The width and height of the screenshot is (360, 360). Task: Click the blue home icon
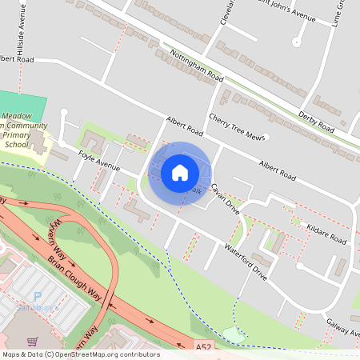coord(179,173)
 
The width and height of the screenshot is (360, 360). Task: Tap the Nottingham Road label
coord(197,65)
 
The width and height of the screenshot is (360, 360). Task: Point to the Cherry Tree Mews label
coord(236,127)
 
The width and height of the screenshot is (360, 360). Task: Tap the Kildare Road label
coord(326,234)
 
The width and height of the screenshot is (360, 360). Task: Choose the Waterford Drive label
coord(246,260)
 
